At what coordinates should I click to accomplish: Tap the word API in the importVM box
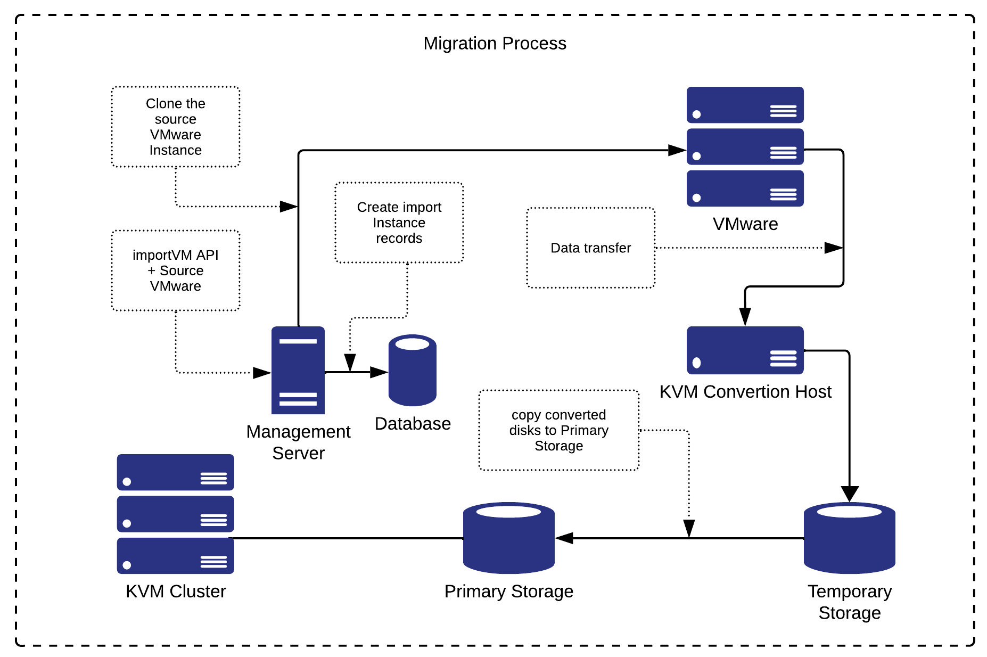pyautogui.click(x=207, y=255)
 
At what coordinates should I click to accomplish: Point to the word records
pyautogui.click(x=399, y=238)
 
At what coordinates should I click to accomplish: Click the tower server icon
pyautogui.click(x=298, y=371)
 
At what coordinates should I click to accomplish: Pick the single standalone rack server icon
pyautogui.click(x=745, y=350)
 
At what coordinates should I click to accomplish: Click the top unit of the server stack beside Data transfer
pyautogui.click(x=745, y=105)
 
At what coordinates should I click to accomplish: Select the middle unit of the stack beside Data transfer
pyautogui.click(x=745, y=146)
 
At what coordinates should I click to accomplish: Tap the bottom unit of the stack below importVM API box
pyautogui.click(x=175, y=555)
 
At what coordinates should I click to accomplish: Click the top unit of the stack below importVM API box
pyautogui.click(x=175, y=472)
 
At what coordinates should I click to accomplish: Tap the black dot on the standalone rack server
pyautogui.click(x=696, y=363)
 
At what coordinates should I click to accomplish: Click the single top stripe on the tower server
pyautogui.click(x=298, y=341)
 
